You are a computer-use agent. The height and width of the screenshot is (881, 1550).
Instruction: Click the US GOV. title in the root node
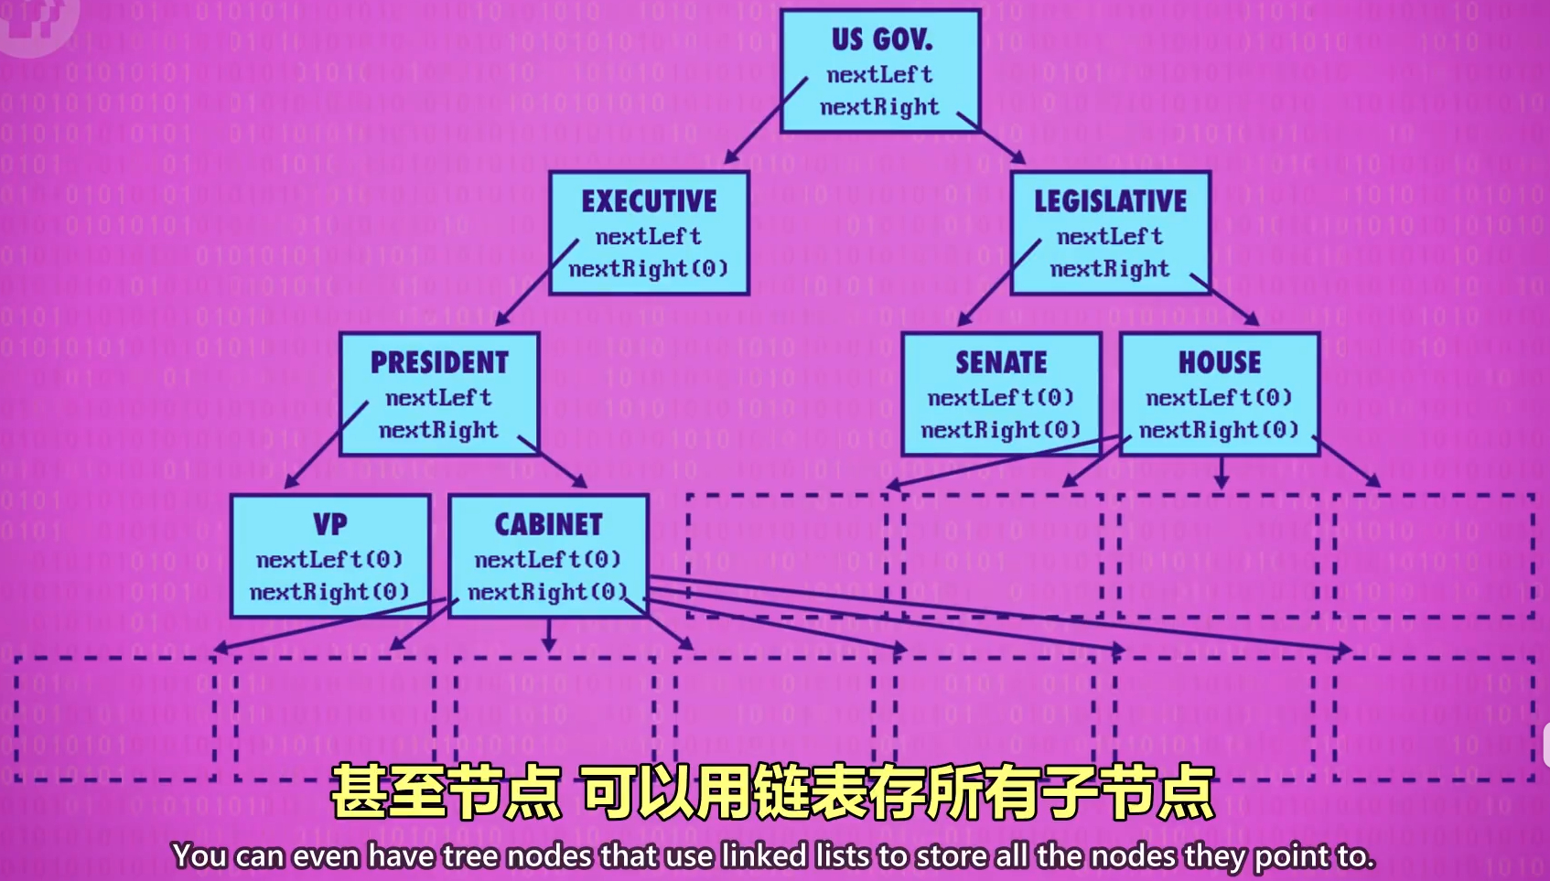point(881,39)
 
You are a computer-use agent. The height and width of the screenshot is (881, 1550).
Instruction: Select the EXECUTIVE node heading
point(649,201)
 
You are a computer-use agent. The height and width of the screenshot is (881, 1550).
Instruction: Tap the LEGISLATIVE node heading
point(1110,201)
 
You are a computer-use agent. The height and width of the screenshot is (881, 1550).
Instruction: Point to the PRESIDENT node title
point(439,363)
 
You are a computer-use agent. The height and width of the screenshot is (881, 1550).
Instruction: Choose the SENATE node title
point(1001,363)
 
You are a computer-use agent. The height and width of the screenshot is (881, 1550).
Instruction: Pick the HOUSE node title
point(1219,363)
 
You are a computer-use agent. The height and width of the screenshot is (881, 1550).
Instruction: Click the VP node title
point(330,525)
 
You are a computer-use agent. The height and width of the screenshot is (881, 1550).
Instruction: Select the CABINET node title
point(548,525)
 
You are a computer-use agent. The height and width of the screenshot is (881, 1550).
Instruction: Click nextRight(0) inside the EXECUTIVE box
point(649,269)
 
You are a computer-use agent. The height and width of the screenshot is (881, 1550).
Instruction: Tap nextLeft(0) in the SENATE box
point(1000,398)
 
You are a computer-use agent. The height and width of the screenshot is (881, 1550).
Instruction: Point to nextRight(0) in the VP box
point(329,592)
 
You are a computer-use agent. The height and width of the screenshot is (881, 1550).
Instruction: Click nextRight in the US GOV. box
point(879,107)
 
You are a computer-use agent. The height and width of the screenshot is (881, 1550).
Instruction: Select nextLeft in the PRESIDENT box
point(438,398)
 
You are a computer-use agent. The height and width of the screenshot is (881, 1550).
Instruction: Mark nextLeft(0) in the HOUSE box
point(1219,398)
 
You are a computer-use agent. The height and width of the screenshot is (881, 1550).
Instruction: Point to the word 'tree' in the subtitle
point(471,856)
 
